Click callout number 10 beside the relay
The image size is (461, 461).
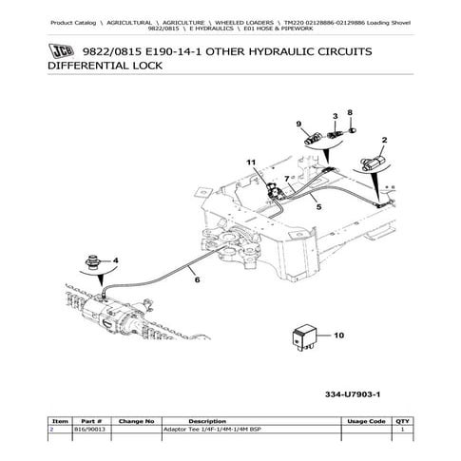pos(339,335)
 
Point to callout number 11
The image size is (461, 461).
pos(252,163)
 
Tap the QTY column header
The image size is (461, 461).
pos(402,420)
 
